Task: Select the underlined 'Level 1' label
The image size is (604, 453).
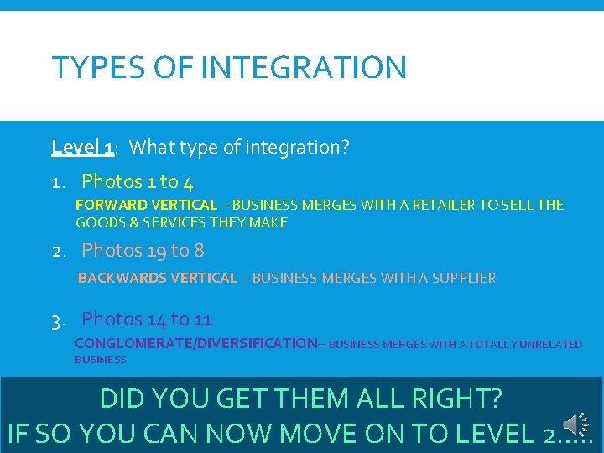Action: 82,148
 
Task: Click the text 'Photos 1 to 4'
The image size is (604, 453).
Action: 142,181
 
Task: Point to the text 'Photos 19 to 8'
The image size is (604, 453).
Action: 143,250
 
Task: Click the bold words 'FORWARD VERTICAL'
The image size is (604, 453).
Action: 146,205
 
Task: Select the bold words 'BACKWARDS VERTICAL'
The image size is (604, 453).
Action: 158,278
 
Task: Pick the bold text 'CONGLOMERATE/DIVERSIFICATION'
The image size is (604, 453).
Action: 195,343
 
